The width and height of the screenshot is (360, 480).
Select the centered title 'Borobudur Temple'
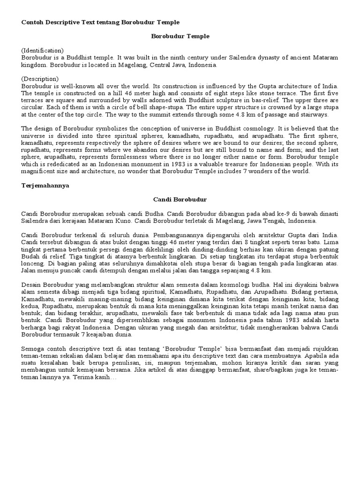(180, 36)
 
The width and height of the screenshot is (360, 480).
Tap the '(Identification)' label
(42, 50)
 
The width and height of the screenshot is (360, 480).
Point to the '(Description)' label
(40, 79)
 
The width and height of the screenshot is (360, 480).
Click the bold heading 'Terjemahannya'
(45, 185)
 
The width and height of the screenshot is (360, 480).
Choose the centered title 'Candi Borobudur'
(180, 199)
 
